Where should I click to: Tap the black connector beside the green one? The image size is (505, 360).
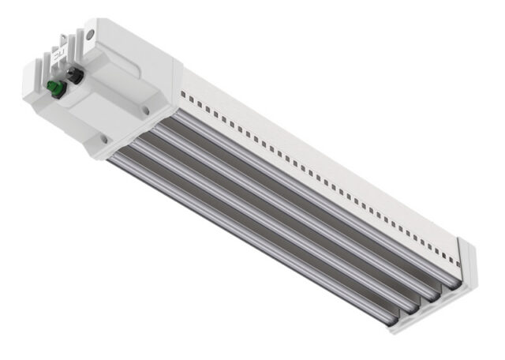tap(77, 76)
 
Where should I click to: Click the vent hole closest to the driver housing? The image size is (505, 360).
tap(182, 93)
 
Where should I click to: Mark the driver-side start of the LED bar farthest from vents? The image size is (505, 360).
tap(114, 158)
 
